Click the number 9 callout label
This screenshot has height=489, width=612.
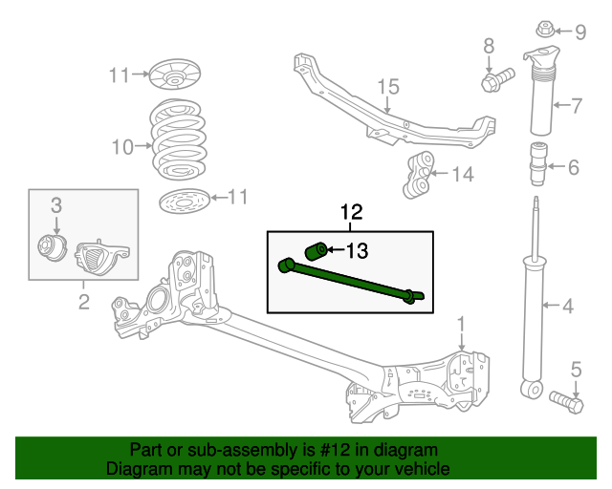pyautogui.click(x=580, y=32)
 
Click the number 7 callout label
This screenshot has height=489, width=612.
pyautogui.click(x=577, y=105)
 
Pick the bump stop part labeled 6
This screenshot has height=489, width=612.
pyautogui.click(x=537, y=162)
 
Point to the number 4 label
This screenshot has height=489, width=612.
pyautogui.click(x=568, y=307)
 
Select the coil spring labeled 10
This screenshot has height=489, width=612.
pyautogui.click(x=179, y=144)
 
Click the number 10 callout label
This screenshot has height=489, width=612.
pyautogui.click(x=123, y=147)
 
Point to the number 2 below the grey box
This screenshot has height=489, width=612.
pyautogui.click(x=83, y=303)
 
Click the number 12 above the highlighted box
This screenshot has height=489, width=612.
pyautogui.click(x=351, y=211)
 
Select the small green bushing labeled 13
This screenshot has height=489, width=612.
pyautogui.click(x=316, y=252)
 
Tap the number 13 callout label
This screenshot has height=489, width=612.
pyautogui.click(x=356, y=251)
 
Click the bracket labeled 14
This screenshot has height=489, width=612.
pyautogui.click(x=417, y=175)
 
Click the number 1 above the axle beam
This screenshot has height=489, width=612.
pyautogui.click(x=460, y=325)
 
